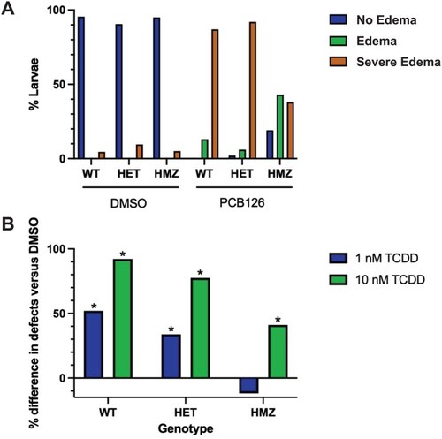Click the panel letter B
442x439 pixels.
8,224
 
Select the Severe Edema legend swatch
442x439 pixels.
338,62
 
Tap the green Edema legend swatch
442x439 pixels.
338,41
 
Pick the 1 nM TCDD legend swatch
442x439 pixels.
338,258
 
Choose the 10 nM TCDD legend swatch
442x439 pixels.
338,279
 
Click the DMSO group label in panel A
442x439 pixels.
128,203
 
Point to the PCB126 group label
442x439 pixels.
242,203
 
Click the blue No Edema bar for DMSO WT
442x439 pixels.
81,87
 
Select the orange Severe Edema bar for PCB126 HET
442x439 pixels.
253,90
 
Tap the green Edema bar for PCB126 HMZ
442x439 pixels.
280,126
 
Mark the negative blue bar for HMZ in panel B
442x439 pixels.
249,385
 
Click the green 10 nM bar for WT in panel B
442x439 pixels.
123,319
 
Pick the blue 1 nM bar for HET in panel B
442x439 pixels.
171,356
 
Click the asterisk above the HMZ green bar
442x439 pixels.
278,320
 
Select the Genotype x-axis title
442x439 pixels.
186,428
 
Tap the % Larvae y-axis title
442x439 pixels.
34,85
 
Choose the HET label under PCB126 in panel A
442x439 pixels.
242,174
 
